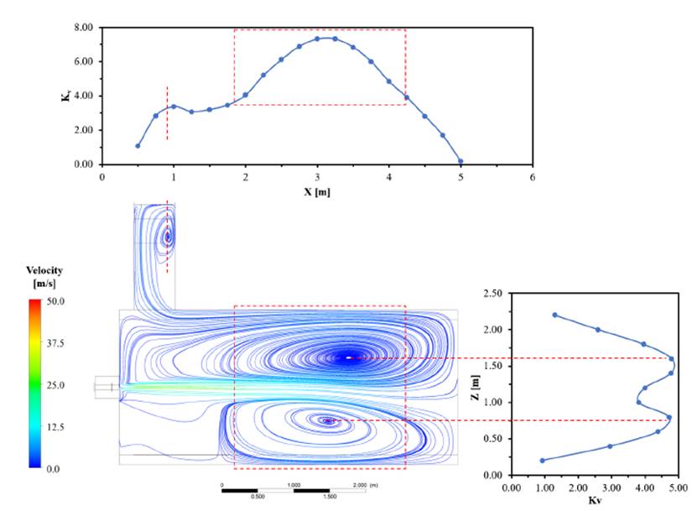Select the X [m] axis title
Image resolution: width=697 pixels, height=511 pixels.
coord(316,191)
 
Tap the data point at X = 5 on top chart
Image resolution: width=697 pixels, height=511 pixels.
coord(460,161)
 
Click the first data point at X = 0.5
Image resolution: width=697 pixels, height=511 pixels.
coord(138,146)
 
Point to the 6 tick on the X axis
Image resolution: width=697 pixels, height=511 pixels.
coord(532,178)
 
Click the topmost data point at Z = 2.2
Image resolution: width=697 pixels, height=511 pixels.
coord(555,315)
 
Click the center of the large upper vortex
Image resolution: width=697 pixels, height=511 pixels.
coord(349,358)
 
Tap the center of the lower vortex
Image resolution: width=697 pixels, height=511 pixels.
coord(328,420)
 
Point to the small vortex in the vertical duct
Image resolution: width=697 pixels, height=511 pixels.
coord(168,237)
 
